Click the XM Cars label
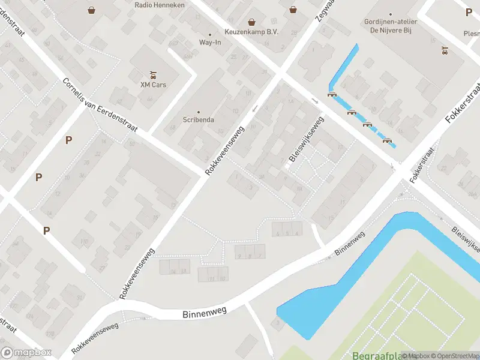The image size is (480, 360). click(x=153, y=85)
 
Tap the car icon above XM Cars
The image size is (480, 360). click(x=153, y=75)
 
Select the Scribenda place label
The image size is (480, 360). click(x=198, y=119)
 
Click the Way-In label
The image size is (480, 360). click(x=209, y=43)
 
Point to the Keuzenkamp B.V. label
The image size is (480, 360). click(x=251, y=32)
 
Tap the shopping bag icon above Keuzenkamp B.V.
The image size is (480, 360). click(x=251, y=22)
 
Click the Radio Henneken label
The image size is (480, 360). click(x=160, y=5)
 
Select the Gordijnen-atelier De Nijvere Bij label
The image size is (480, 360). click(x=391, y=26)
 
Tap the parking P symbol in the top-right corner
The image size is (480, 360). click(x=469, y=12)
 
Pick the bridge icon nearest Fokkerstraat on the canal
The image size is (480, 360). click(x=388, y=140)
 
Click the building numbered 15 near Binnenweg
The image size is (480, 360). click(x=331, y=217)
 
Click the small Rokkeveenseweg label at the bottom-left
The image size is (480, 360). click(x=95, y=337)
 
